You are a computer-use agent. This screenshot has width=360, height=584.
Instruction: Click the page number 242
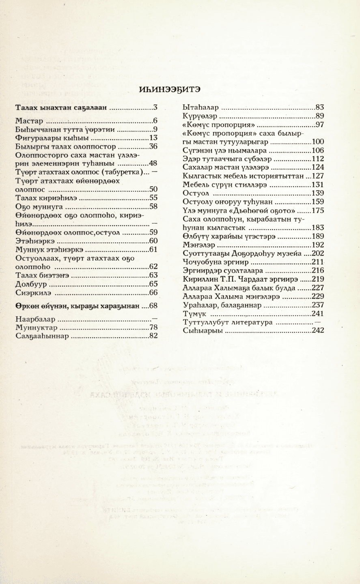tap(318, 331)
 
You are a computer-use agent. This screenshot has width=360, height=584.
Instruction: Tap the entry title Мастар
tap(29, 121)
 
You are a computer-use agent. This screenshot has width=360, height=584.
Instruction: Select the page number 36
tap(153, 147)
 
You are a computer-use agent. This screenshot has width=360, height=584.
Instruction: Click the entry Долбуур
tap(29, 284)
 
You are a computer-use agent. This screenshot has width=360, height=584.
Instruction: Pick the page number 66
tap(153, 293)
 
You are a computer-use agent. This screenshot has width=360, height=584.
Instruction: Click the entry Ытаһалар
tap(201, 108)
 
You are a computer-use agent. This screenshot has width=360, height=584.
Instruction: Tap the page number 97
tap(319, 125)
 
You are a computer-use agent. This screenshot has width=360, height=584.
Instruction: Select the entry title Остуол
tap(196, 193)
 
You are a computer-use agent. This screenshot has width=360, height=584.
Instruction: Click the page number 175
tap(318, 210)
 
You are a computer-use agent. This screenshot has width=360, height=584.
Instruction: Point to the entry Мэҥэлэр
tap(199, 245)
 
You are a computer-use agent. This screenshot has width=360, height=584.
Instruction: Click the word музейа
tap(287, 254)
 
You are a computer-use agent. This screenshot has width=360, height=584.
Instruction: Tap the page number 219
tap(318, 279)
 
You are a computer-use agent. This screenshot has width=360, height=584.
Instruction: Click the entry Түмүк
tap(195, 314)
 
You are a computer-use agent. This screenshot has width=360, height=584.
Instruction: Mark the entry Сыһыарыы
tap(203, 331)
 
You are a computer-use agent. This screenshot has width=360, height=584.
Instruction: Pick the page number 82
tap(153, 336)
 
